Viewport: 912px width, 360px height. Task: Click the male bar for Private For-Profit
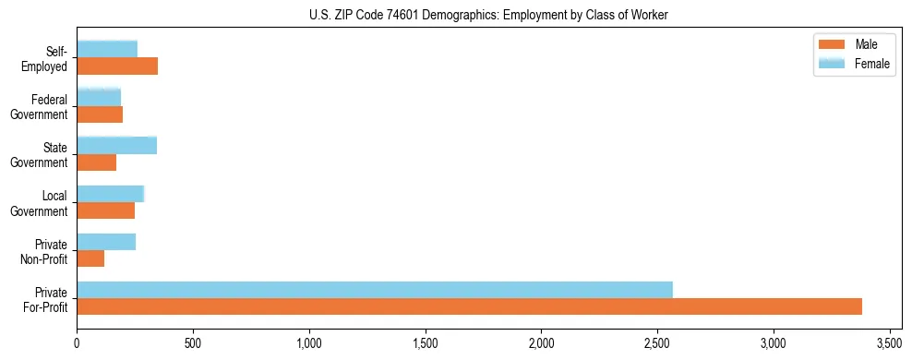click(469, 306)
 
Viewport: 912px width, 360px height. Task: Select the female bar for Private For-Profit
click(375, 290)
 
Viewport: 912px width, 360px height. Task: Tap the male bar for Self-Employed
click(117, 66)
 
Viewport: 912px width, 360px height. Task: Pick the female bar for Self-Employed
click(107, 49)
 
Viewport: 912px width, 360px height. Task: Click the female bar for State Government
click(116, 145)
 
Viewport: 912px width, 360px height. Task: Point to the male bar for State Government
click(97, 162)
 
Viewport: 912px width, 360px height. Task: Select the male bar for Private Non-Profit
click(90, 258)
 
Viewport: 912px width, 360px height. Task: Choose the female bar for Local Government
click(111, 193)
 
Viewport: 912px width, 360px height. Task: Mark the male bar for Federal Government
click(100, 114)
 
